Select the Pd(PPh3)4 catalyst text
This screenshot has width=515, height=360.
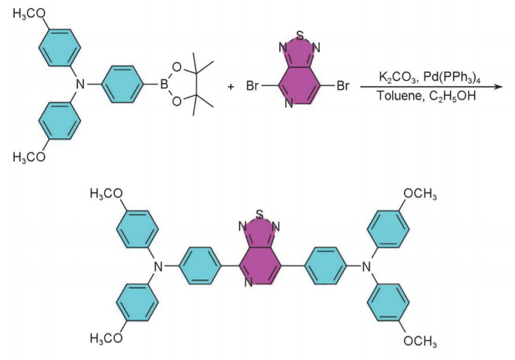(x=449, y=77)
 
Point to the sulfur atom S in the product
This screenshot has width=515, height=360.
(x=259, y=214)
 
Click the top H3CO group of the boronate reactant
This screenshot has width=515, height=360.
(x=29, y=14)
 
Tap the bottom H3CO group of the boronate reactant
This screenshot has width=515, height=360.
(x=29, y=157)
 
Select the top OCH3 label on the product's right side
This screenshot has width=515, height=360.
(x=421, y=195)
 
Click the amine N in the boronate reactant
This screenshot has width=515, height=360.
(x=79, y=83)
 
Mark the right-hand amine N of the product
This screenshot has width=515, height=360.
(x=368, y=265)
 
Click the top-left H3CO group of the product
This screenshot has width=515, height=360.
(x=106, y=195)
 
